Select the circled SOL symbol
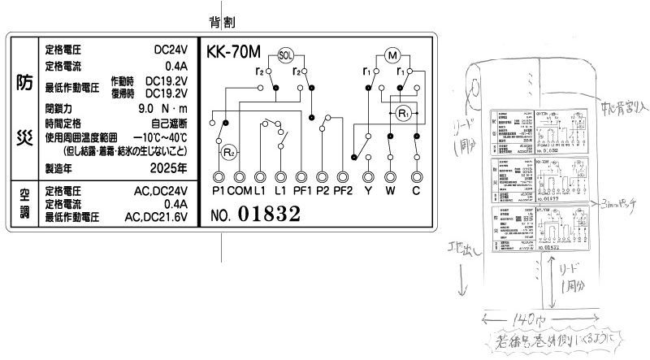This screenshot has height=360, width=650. click(x=285, y=55)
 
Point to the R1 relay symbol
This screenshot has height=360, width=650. click(x=404, y=112)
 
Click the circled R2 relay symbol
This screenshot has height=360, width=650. click(x=228, y=151)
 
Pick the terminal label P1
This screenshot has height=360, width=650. click(x=218, y=191)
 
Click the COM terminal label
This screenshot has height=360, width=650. click(x=240, y=191)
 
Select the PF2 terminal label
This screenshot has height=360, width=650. click(x=344, y=191)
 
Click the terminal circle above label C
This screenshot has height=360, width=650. click(x=416, y=176)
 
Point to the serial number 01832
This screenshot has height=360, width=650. click(x=269, y=215)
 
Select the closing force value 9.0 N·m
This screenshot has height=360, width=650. click(x=163, y=108)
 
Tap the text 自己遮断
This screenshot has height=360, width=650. click(x=169, y=123)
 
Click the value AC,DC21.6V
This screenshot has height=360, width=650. click(x=156, y=218)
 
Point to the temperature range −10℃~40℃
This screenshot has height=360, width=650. click(x=160, y=137)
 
